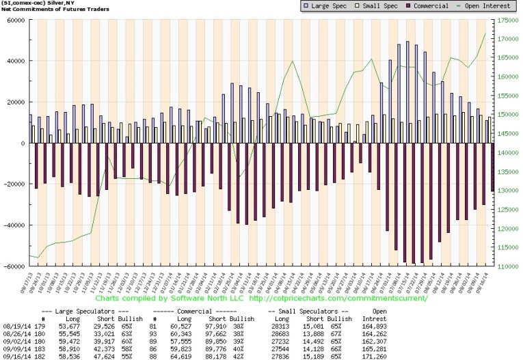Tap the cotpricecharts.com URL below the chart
[335, 299]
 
